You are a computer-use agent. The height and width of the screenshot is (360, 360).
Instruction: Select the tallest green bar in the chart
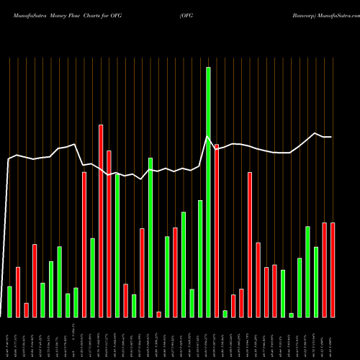208,192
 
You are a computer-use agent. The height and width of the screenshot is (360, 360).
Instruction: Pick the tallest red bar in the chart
101,220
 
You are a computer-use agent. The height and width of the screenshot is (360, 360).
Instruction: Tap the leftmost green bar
9,301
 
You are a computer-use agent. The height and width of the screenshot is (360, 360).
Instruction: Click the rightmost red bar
333,270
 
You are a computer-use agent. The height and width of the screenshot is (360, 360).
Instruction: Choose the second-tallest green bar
150,237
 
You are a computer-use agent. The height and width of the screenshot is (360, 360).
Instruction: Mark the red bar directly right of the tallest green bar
217,230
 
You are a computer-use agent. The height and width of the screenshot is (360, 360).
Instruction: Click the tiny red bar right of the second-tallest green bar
159,314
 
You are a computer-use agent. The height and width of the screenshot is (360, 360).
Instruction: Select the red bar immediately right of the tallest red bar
109,233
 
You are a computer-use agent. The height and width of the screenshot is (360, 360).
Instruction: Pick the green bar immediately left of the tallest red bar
93,277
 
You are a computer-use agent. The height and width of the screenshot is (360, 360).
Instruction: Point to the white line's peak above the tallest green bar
208,138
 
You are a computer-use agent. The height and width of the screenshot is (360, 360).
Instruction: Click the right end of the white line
331,137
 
